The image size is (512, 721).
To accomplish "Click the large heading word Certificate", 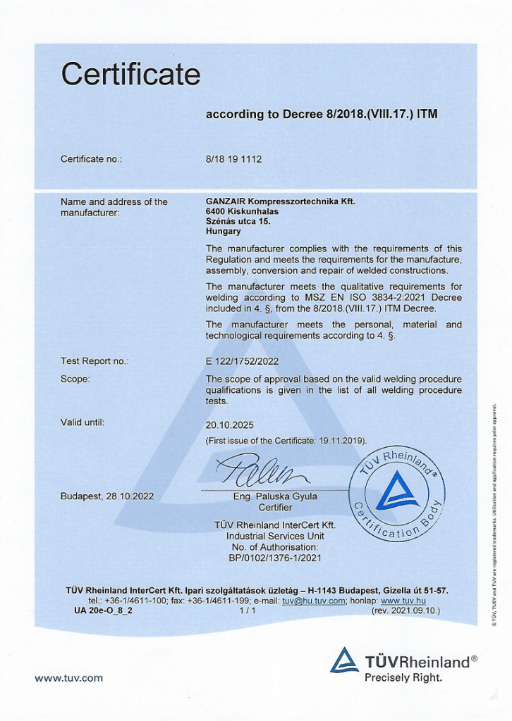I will (130, 74).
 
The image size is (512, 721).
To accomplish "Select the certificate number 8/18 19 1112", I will (233, 159).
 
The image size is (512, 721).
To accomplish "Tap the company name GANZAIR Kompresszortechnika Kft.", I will (281, 201).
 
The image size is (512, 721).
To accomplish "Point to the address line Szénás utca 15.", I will (238, 221).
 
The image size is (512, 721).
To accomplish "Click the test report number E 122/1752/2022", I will (242, 361).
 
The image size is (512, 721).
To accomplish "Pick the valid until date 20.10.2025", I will (229, 425).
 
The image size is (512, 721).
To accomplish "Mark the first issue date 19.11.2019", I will (340, 441).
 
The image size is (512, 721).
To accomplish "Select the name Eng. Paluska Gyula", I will (275, 496).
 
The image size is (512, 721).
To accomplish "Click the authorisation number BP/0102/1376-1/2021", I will (274, 557).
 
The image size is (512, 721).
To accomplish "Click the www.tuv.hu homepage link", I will (403, 601).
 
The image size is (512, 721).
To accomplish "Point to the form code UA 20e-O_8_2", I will (103, 610).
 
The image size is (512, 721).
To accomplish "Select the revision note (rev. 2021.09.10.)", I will (406, 610).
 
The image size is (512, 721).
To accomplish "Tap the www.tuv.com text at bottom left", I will (68, 678).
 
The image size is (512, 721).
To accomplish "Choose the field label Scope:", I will (75, 379).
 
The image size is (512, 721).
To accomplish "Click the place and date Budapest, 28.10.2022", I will (107, 496).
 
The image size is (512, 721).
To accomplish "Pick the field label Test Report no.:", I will (95, 361).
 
